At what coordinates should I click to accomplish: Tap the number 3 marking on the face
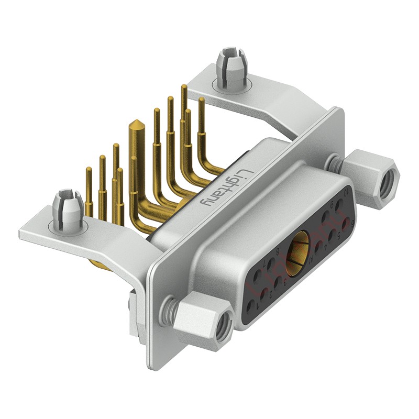click(285, 282)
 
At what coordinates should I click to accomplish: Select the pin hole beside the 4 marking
click(318, 247)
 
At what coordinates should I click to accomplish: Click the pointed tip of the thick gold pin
click(136, 124)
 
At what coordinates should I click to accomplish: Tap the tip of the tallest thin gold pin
click(184, 87)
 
